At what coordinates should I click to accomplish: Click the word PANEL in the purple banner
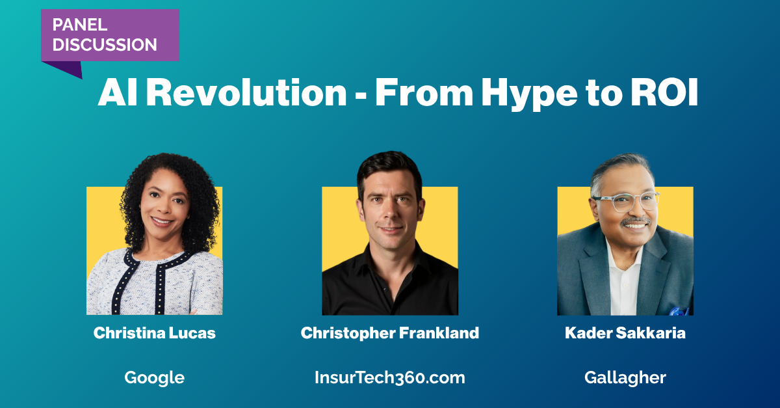[80, 25]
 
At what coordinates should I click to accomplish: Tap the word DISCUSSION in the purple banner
[105, 45]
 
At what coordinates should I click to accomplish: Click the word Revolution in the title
[246, 92]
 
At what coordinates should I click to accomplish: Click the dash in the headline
[361, 95]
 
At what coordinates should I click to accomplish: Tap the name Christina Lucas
[155, 333]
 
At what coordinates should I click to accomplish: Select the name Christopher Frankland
[390, 333]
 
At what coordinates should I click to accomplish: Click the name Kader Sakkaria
[625, 333]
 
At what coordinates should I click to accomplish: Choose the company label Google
[155, 378]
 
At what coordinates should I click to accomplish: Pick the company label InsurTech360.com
[390, 377]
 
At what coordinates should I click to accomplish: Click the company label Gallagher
[625, 378]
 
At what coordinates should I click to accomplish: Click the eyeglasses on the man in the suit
[627, 202]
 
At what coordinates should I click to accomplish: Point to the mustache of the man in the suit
[636, 221]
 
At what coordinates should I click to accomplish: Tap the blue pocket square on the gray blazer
[679, 311]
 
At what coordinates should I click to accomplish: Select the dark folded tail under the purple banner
[66, 68]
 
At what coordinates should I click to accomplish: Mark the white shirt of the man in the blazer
[623, 279]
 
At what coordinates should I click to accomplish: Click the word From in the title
[424, 92]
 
